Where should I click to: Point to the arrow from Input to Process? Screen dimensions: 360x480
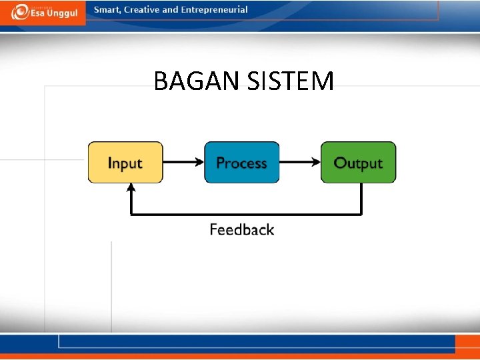(181, 162)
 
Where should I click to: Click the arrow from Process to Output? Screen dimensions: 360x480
(298, 162)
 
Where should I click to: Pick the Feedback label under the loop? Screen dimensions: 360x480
(241, 230)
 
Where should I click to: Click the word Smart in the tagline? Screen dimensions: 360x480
(107, 10)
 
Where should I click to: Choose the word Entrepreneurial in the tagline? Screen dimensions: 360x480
(214, 10)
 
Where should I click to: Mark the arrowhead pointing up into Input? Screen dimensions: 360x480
(131, 189)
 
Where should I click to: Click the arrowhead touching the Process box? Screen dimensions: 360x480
(199, 162)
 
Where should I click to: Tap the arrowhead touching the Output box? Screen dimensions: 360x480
(316, 162)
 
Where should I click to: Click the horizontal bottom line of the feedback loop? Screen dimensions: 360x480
(247, 214)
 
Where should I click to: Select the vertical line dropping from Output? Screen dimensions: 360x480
(361, 199)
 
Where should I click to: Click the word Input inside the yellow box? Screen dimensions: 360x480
(125, 163)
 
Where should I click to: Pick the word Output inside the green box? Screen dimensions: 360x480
(358, 163)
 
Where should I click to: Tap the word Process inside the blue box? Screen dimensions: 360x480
(241, 163)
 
